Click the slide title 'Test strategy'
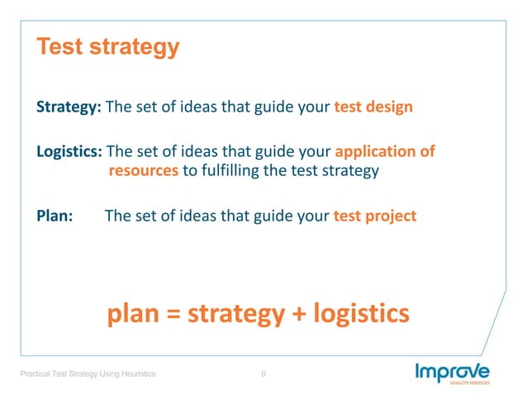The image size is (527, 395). coord(107,47)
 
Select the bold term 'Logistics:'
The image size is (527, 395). coord(70,152)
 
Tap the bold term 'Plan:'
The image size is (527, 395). coord(55,216)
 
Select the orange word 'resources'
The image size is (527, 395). coord(143,171)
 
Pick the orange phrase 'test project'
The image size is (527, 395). coord(375,216)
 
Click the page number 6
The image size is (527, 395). coord(263,375)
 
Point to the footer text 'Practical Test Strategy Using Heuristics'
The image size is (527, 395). coord(88,375)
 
